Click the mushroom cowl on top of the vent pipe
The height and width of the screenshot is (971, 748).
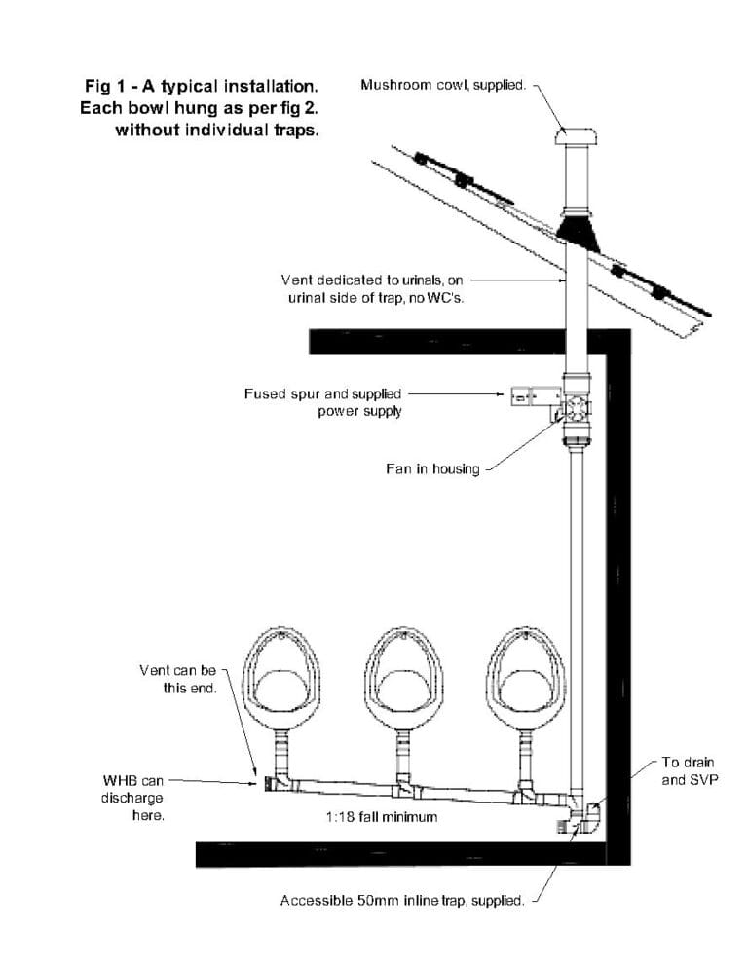(576, 135)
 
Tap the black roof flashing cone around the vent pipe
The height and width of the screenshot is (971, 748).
(578, 231)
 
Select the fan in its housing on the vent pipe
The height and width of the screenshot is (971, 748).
(577, 408)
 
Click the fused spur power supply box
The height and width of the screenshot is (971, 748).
(536, 396)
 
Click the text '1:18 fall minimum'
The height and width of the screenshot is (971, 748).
(382, 817)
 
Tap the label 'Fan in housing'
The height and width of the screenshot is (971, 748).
(432, 468)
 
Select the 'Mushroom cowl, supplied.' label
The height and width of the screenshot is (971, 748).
(443, 85)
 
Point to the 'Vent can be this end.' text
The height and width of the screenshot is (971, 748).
(178, 679)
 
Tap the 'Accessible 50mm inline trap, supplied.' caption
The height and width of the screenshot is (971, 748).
(402, 901)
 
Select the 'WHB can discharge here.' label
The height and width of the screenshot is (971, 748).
(132, 798)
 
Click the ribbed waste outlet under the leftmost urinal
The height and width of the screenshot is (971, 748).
(280, 749)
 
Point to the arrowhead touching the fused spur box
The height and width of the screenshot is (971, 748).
(502, 393)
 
